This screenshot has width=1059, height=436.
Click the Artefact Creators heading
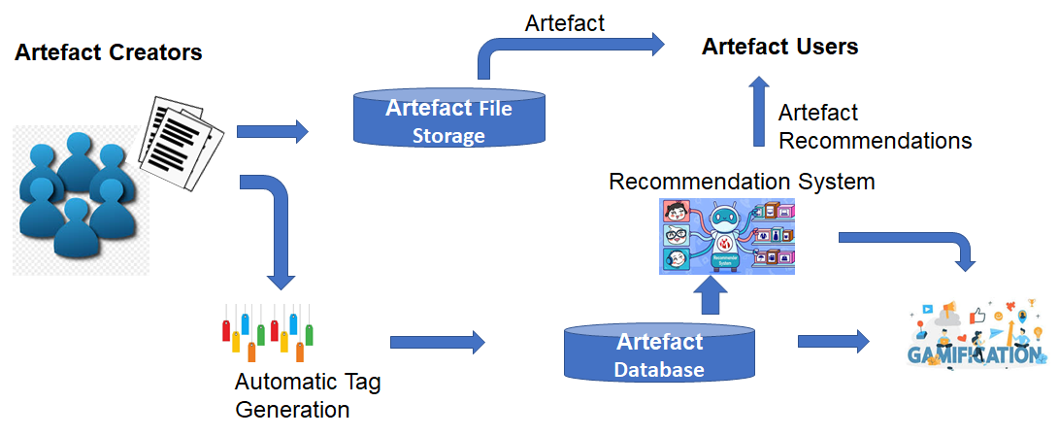tap(109, 52)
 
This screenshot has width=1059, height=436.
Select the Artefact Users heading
tap(779, 47)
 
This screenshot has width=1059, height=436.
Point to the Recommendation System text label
tap(742, 182)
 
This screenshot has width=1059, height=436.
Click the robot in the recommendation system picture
tap(726, 233)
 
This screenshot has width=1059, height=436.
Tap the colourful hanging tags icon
tap(267, 330)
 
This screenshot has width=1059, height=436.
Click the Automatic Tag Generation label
tap(307, 395)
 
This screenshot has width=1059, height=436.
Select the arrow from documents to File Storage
tap(272, 130)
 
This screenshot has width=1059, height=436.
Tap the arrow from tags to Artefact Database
tap(437, 341)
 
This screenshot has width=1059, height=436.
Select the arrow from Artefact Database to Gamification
tap(833, 341)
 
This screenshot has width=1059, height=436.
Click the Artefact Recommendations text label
tap(874, 126)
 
